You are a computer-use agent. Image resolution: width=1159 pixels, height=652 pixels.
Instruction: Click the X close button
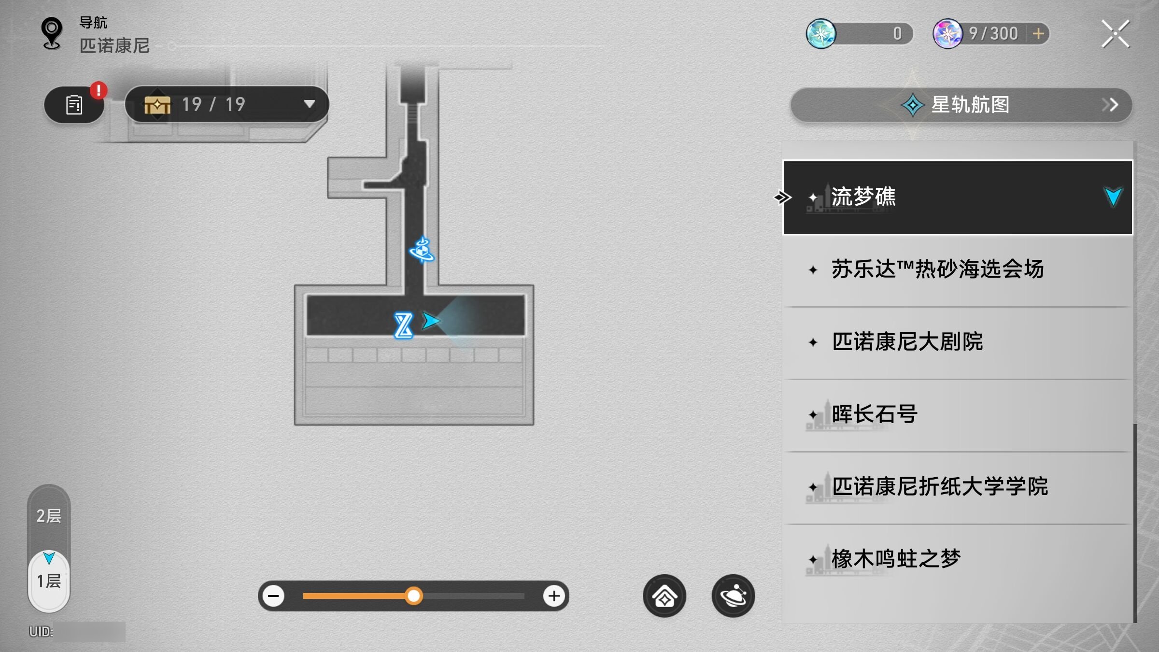point(1116,34)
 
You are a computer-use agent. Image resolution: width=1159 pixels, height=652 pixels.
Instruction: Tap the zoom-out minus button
point(273,596)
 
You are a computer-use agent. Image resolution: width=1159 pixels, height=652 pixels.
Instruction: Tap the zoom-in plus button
point(554,596)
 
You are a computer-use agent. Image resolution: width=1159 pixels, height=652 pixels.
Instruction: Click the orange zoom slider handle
point(413,596)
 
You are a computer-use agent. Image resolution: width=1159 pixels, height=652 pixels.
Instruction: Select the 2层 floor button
point(49,516)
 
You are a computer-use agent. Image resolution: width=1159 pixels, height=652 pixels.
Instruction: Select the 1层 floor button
point(49,581)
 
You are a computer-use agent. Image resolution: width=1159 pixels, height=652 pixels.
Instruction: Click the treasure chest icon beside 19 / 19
point(157,104)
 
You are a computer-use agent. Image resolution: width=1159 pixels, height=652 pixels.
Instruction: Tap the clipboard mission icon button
point(74,105)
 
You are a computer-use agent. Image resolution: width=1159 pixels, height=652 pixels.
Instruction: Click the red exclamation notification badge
point(99,90)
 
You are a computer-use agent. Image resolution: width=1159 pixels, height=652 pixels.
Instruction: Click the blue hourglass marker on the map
point(403,326)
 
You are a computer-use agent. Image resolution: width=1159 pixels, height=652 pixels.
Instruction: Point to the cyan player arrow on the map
point(430,321)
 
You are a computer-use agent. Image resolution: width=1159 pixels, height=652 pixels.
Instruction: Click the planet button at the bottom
point(733,596)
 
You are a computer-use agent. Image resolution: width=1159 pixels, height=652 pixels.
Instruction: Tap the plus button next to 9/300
point(1038,34)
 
